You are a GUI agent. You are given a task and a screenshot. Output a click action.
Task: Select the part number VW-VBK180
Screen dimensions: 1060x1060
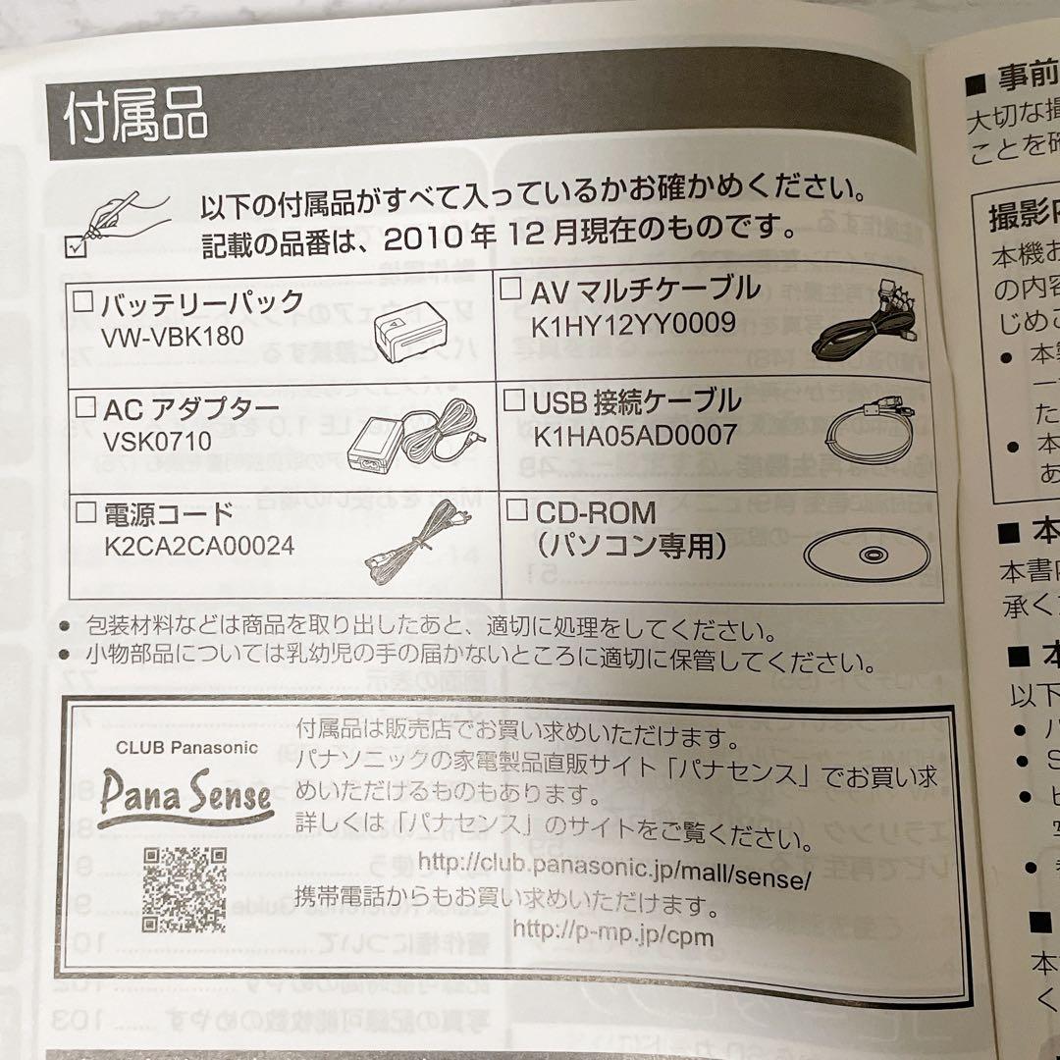point(173,337)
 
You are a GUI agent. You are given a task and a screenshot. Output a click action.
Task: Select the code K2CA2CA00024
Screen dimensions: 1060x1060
point(199,547)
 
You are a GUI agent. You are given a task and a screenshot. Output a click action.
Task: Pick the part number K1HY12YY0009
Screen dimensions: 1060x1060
point(633,324)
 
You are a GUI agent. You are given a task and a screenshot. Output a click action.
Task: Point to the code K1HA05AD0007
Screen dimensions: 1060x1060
point(635,435)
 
